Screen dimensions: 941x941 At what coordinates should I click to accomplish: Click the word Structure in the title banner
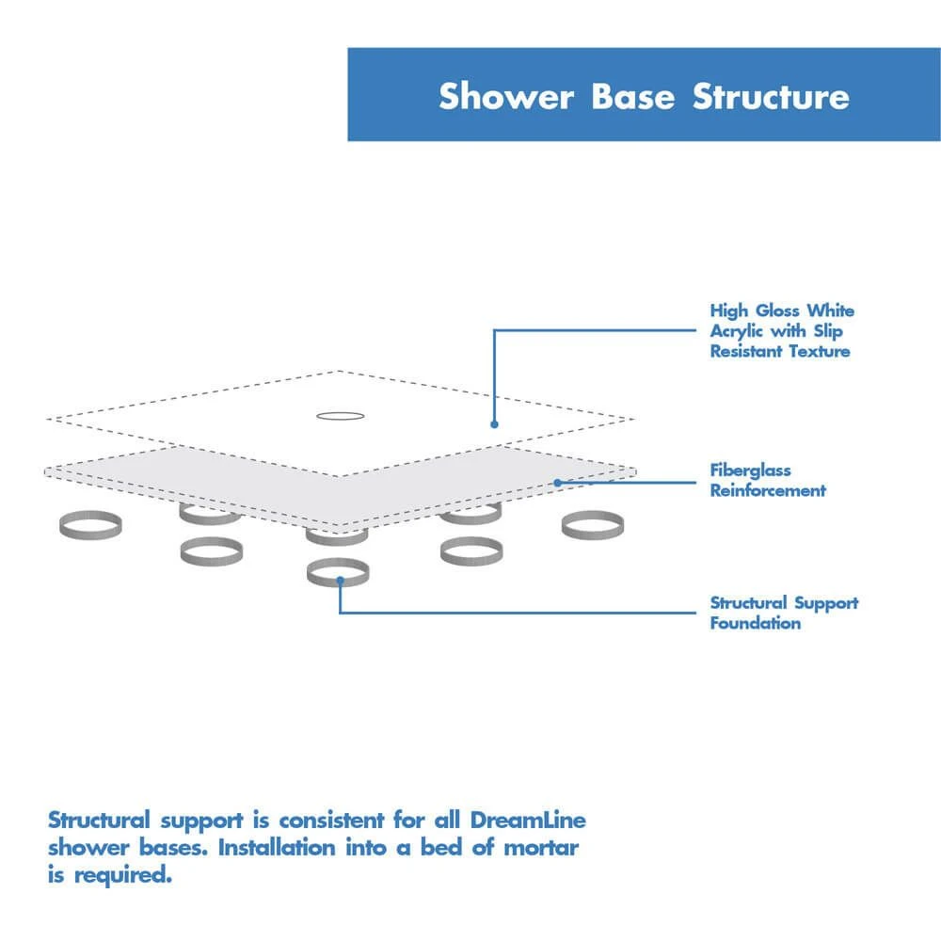[771, 97]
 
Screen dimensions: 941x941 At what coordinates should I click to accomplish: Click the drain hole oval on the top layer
[337, 414]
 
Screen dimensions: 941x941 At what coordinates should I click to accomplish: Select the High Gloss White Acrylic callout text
[781, 330]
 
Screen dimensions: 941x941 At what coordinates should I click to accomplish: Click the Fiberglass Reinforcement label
[767, 480]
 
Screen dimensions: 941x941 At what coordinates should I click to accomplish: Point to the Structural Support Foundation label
[784, 613]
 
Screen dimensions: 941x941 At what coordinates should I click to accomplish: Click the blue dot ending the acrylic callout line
[494, 424]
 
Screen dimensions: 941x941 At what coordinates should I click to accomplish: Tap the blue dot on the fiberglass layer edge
[557, 483]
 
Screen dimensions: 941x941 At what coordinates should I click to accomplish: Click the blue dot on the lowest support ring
[339, 582]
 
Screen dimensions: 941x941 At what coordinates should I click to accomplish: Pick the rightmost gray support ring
[592, 524]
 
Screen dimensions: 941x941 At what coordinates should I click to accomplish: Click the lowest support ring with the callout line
[338, 572]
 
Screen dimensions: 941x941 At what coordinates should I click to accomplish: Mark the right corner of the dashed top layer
[633, 419]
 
